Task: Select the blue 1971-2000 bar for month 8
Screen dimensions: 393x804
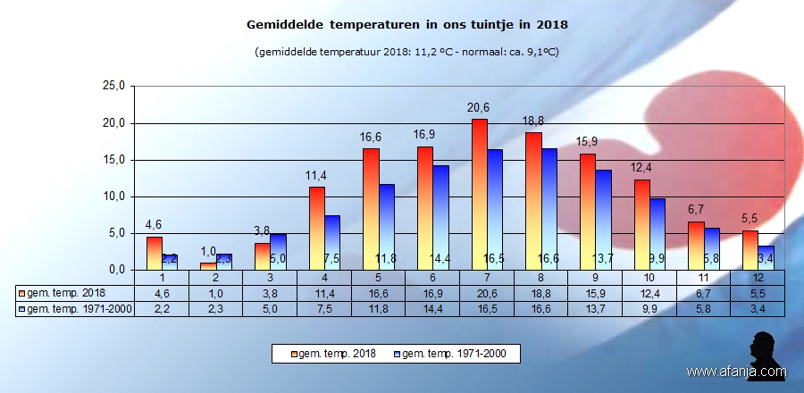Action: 550,209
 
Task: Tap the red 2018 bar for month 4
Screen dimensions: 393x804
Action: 317,228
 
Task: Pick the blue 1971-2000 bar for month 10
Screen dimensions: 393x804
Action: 658,233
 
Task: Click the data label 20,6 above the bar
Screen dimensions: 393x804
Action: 479,108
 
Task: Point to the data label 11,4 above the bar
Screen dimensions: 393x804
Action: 316,176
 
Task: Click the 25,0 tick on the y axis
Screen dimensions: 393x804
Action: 117,87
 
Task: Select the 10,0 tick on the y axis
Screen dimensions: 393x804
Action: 117,196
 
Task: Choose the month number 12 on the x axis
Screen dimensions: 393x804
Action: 757,278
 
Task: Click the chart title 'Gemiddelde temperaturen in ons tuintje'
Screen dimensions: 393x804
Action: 406,25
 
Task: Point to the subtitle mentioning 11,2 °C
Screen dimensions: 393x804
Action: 406,52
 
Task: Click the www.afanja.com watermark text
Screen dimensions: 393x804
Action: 737,372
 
